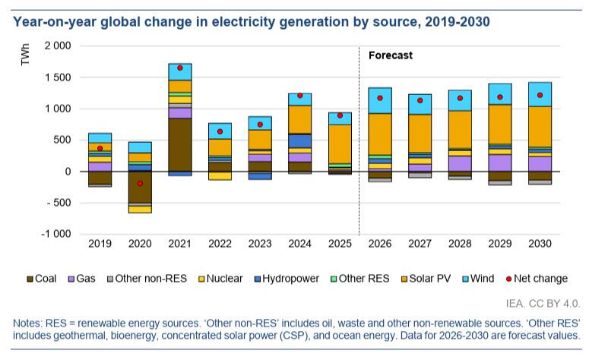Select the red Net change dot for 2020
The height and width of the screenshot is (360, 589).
pos(140,183)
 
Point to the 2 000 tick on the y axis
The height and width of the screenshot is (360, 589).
pos(59,46)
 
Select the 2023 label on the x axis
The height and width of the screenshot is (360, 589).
pos(261,245)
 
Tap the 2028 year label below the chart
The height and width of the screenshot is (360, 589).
pos(461,245)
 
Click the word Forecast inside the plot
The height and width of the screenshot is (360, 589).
pos(391,55)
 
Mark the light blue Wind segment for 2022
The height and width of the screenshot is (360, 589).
pos(220,131)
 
